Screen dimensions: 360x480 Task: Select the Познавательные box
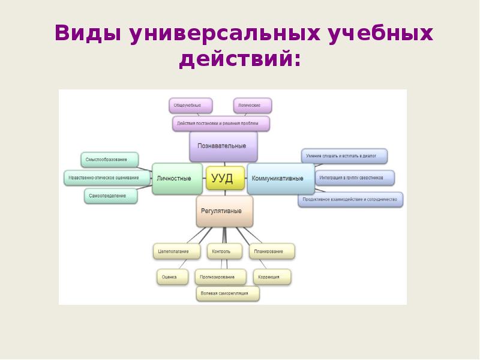pos(223,146)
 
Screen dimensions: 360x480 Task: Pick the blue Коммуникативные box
pos(280,178)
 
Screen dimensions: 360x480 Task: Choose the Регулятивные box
pos(224,211)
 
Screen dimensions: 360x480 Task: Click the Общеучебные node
pos(190,106)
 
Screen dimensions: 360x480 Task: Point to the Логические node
pos(252,106)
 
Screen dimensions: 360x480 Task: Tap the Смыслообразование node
pos(110,160)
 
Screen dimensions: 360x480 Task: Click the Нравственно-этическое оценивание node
pos(107,178)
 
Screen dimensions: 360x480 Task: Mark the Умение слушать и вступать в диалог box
pos(343,156)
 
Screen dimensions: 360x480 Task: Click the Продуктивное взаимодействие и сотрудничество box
pos(350,199)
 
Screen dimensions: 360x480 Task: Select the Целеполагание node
pos(175,251)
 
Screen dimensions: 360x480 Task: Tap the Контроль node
pos(224,251)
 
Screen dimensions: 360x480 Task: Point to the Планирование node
pos(272,251)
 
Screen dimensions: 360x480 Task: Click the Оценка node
pos(170,277)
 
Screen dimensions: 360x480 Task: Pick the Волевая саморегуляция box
pos(228,294)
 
